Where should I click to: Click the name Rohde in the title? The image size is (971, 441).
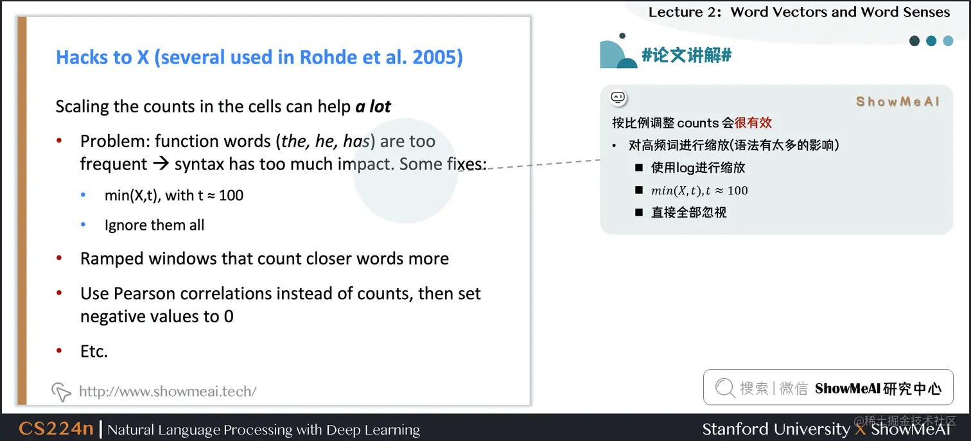[328, 57]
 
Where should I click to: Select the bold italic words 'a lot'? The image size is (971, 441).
[373, 107]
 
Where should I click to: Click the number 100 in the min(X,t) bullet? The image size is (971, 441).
[231, 195]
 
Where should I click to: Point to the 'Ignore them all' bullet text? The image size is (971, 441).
[154, 225]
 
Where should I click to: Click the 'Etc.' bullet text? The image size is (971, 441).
[94, 351]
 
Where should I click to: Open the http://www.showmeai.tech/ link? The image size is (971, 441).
[167, 392]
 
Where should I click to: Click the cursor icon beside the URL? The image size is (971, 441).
[61, 392]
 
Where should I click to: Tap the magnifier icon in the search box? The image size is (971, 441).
[725, 388]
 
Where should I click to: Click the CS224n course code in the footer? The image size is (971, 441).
[57, 429]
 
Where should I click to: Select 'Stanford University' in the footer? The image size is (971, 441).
[776, 429]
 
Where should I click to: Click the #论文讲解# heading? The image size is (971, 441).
[687, 55]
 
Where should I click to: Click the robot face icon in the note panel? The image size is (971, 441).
[618, 98]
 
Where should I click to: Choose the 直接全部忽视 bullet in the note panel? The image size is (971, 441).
[688, 212]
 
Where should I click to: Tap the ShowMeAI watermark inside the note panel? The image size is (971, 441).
[897, 101]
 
